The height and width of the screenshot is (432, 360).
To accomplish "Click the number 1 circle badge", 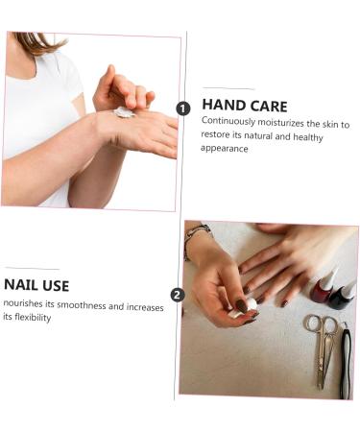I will click(183, 108).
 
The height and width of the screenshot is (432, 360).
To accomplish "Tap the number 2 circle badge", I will click(177, 295).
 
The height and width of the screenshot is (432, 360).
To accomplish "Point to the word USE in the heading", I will click(56, 285).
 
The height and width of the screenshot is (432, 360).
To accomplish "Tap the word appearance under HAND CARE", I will click(225, 149).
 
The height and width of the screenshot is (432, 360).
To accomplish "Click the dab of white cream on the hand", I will click(123, 112).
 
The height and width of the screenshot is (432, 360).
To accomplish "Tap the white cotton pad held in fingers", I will click(250, 304).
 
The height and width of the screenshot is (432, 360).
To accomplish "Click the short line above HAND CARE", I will click(228, 89).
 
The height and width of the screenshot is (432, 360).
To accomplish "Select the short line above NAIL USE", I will click(32, 269).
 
